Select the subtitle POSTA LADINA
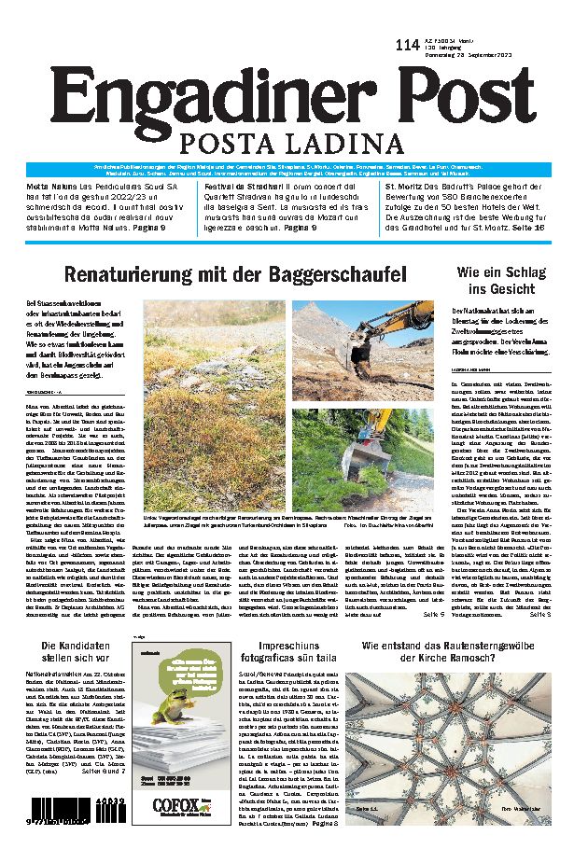[x=295, y=145]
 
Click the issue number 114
[x=407, y=45]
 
